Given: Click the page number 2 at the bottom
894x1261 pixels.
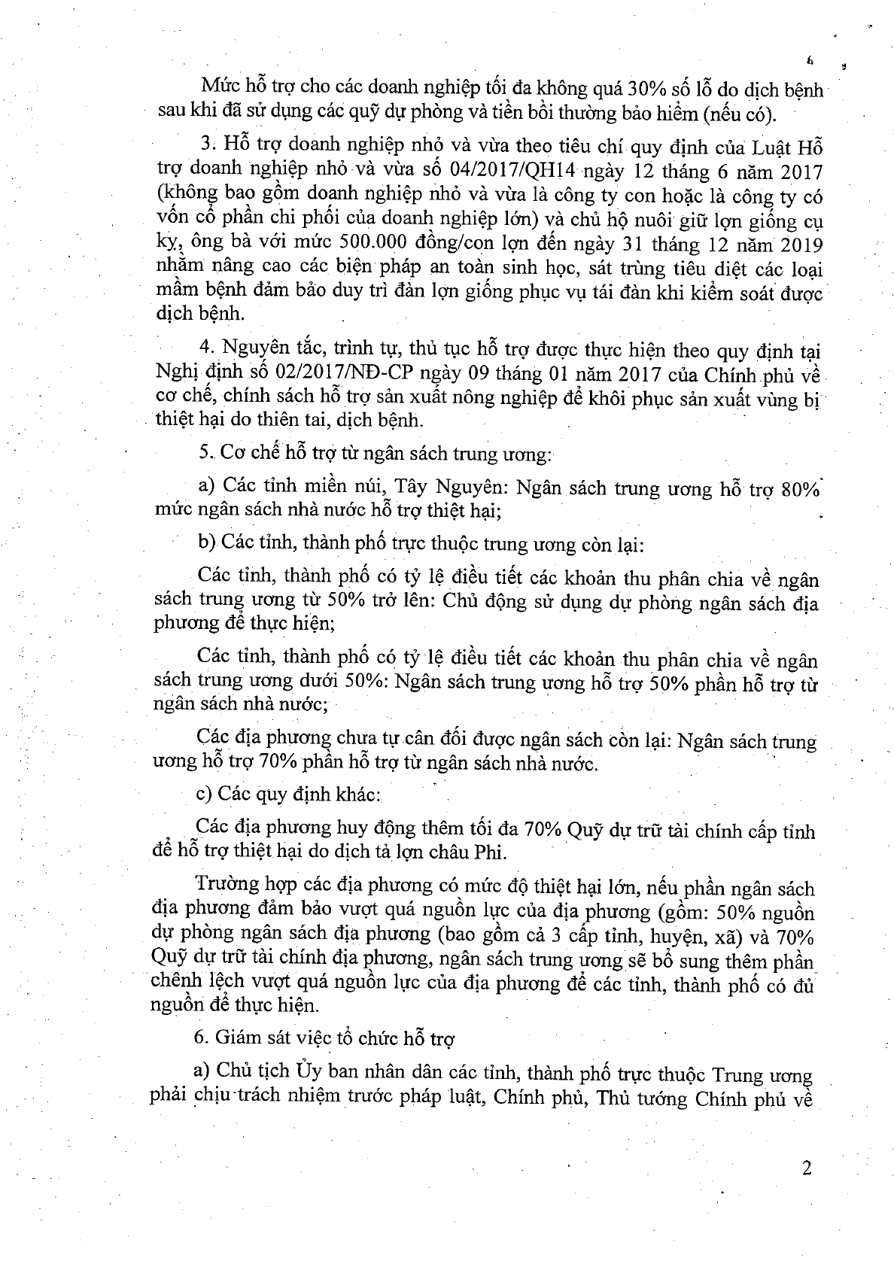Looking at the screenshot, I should [x=807, y=1168].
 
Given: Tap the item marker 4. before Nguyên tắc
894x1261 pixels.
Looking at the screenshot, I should [x=202, y=351].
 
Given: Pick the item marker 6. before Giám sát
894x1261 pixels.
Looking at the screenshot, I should [x=200, y=1038].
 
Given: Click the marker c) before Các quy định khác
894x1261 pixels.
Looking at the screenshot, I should [x=203, y=793].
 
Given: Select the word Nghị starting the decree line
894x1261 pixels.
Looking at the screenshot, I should [x=174, y=375].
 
